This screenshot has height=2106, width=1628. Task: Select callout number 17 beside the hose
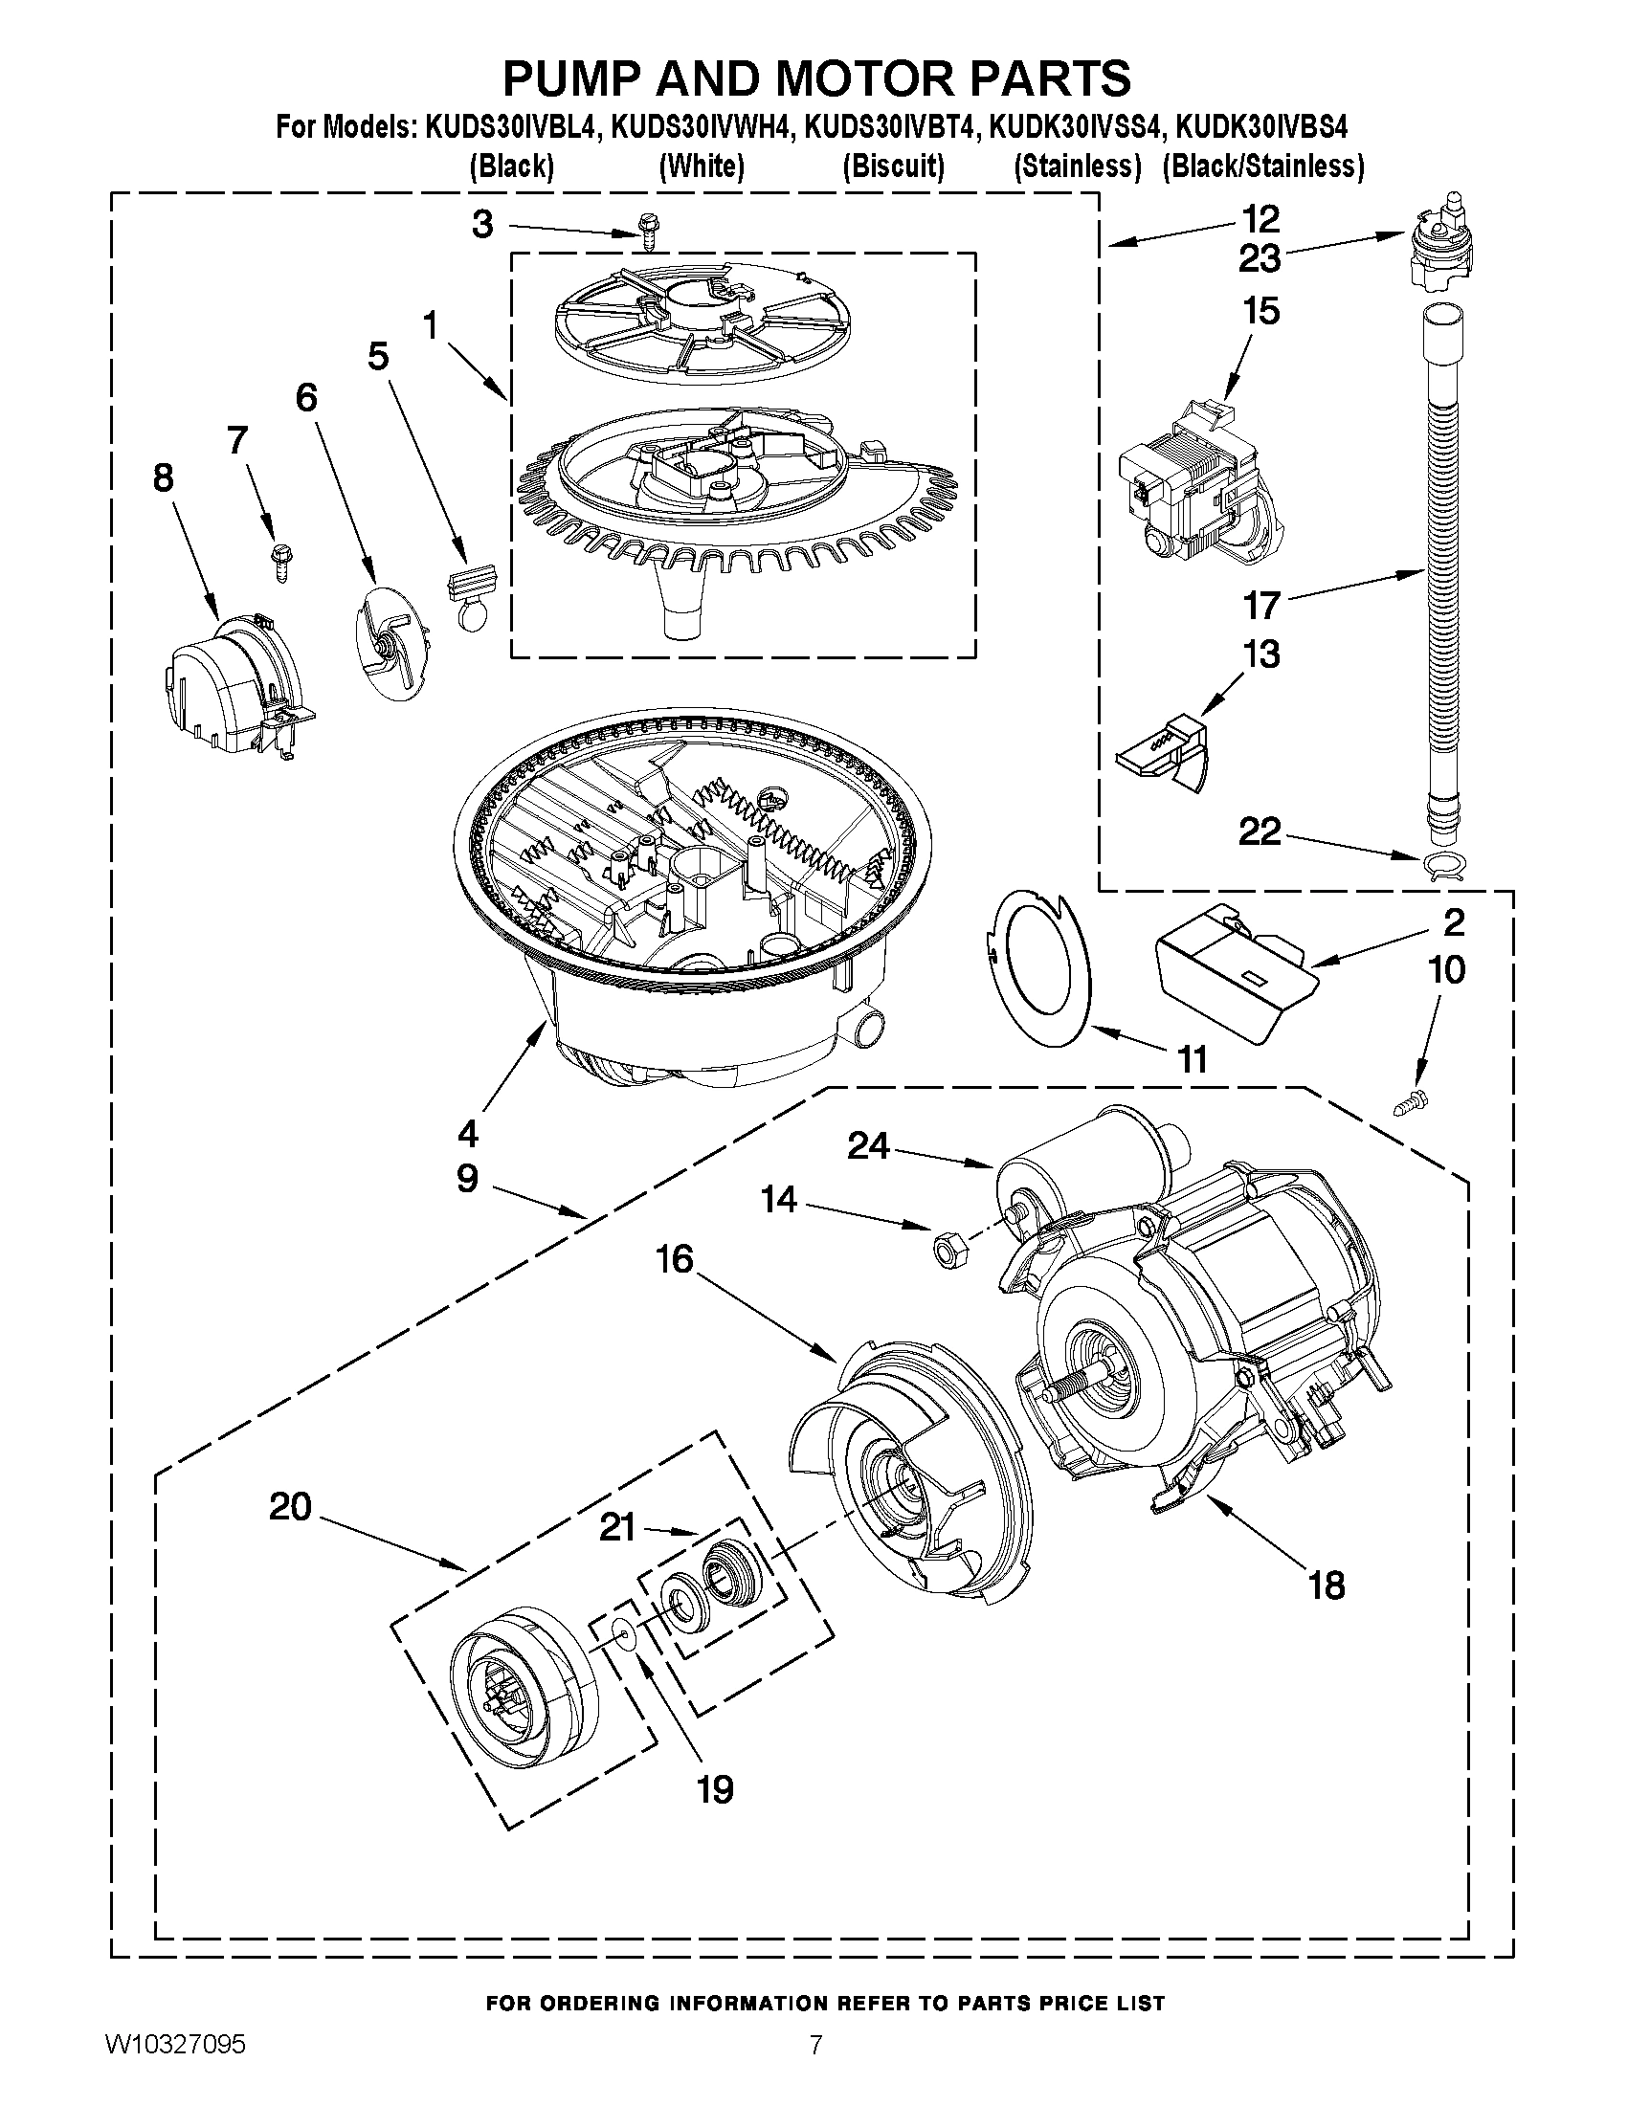pos(1261,605)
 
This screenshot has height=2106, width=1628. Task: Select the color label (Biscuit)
pos(893,166)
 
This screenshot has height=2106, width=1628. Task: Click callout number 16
pos(675,1257)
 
